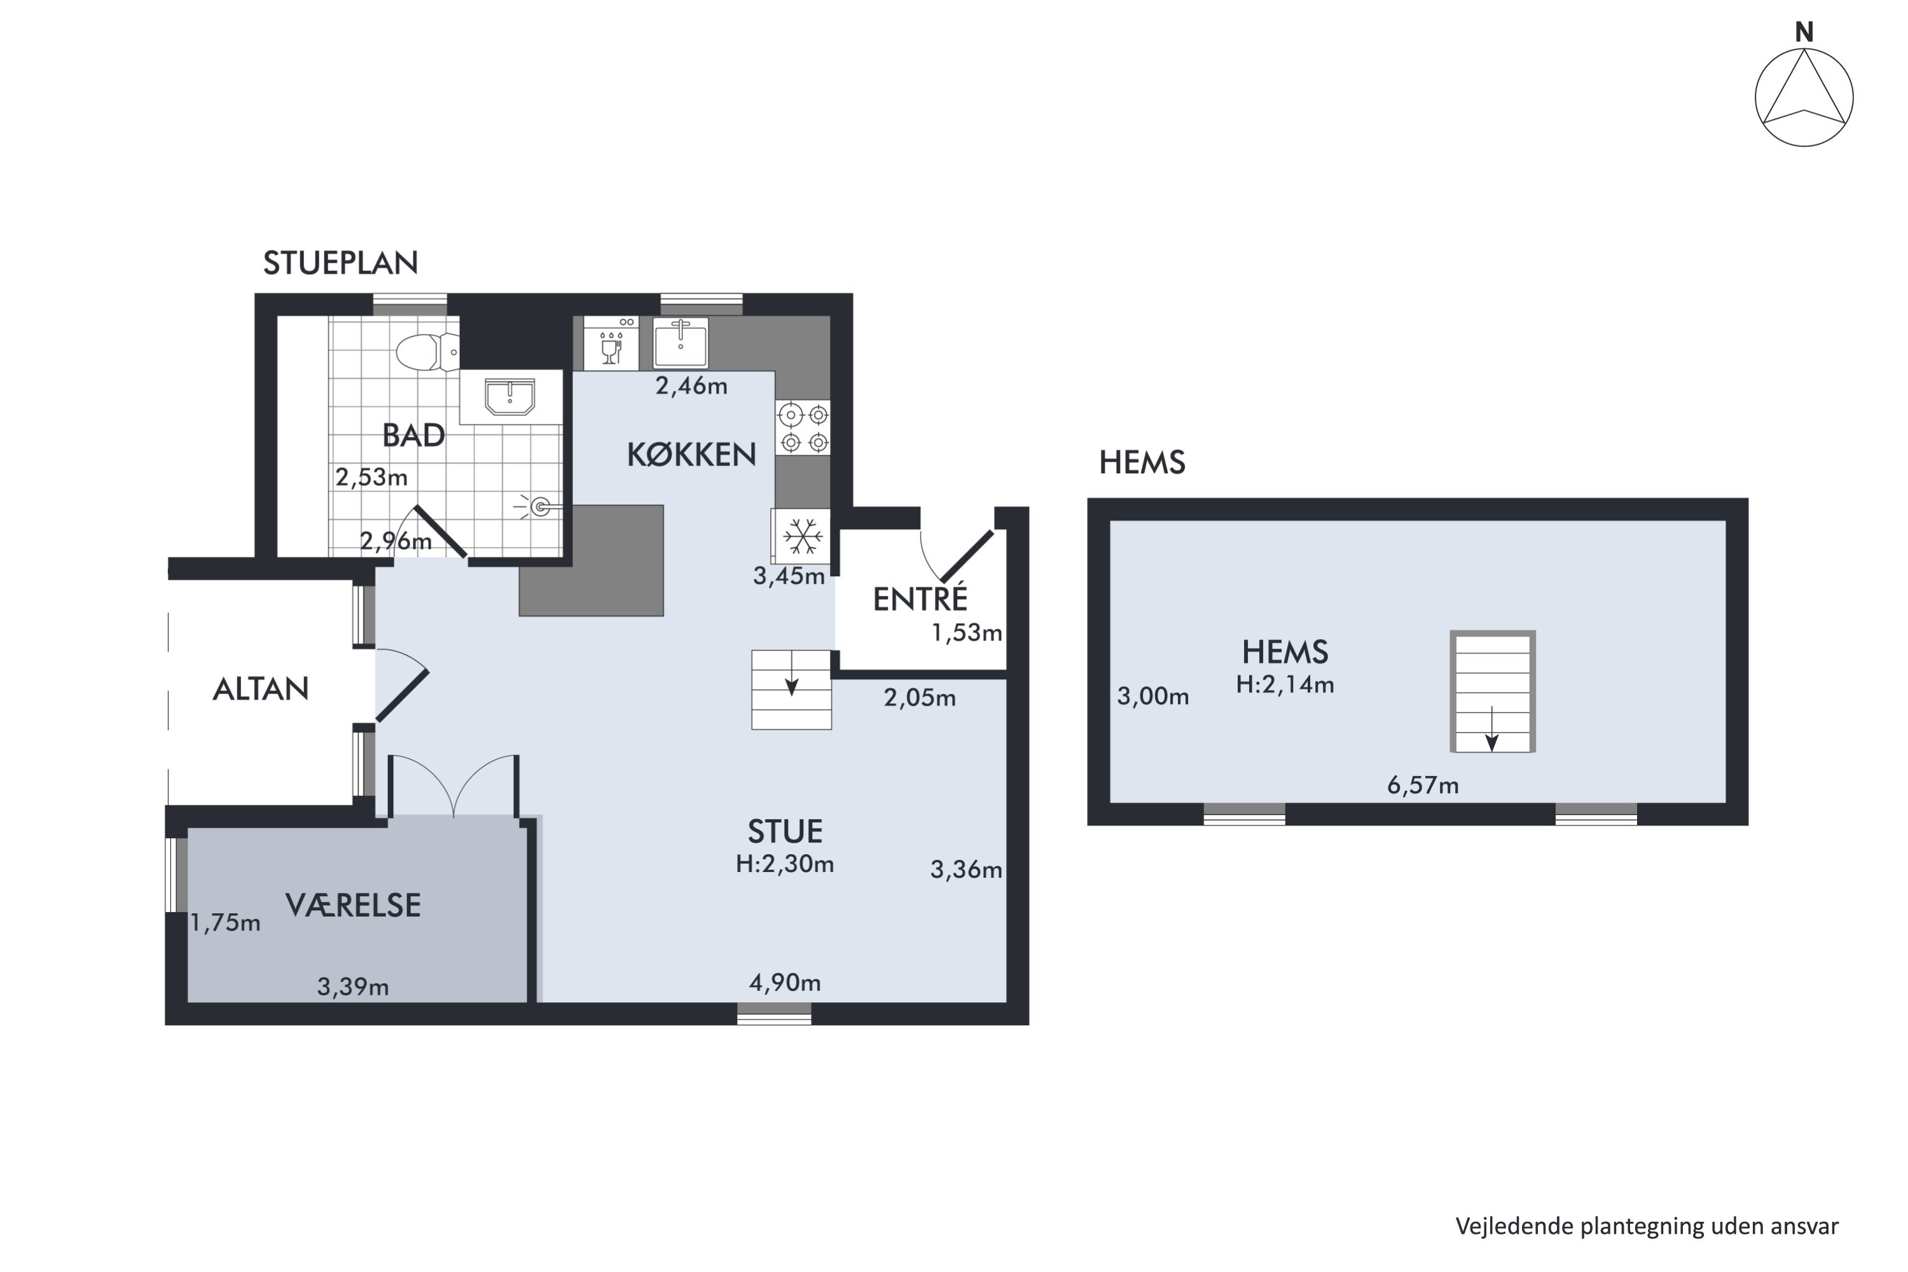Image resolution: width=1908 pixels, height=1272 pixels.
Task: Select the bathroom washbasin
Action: pyautogui.click(x=510, y=397)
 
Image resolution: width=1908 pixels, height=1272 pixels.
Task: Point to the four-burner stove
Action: pyautogui.click(x=802, y=427)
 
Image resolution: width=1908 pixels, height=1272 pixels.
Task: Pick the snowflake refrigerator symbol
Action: pyautogui.click(x=801, y=536)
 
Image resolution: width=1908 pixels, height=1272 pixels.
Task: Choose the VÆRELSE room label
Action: pyautogui.click(x=353, y=904)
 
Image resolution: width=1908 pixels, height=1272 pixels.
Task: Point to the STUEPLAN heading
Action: pyautogui.click(x=341, y=263)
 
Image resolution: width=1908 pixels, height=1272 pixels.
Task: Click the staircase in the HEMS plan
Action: pyautogui.click(x=1493, y=692)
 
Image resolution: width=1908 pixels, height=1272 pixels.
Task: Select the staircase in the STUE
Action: pyautogui.click(x=791, y=689)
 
